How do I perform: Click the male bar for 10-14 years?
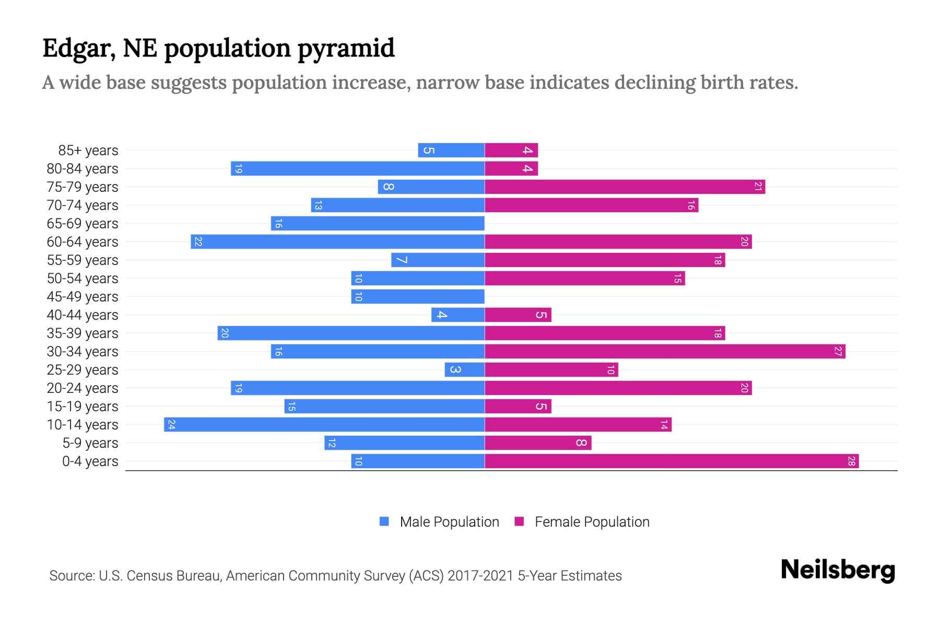pyautogui.click(x=324, y=424)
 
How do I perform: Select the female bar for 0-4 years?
pyautogui.click(x=672, y=461)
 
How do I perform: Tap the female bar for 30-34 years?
pyautogui.click(x=665, y=351)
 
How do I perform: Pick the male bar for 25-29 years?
pyautogui.click(x=464, y=369)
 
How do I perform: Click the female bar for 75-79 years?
pyautogui.click(x=625, y=187)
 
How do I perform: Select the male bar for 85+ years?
pyautogui.click(x=451, y=150)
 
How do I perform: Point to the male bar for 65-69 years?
pyautogui.click(x=378, y=223)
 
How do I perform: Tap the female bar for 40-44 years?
pyautogui.click(x=518, y=315)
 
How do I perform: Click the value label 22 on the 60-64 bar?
pyautogui.click(x=198, y=241)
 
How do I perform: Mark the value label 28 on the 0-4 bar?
pyautogui.click(x=851, y=461)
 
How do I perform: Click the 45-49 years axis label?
pyautogui.click(x=83, y=296)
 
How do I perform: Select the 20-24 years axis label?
pyautogui.click(x=83, y=388)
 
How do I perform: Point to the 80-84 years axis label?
pyautogui.click(x=83, y=168)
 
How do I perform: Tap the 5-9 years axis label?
pyautogui.click(x=90, y=443)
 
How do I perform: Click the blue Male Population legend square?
pyautogui.click(x=384, y=521)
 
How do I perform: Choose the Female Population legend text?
pyautogui.click(x=592, y=521)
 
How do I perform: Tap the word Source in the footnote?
pyautogui.click(x=72, y=575)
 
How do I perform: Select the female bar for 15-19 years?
pyautogui.click(x=518, y=406)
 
